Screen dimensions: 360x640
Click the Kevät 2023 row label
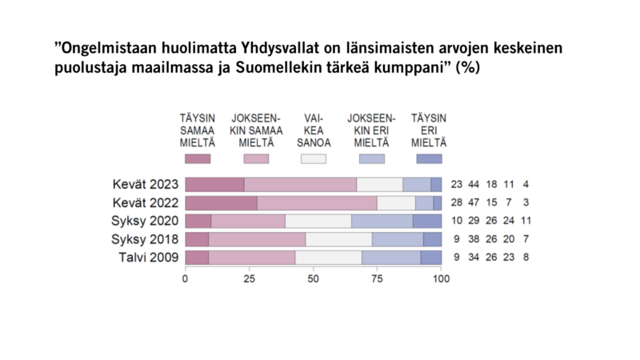(146, 185)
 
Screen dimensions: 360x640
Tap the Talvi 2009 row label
(148, 258)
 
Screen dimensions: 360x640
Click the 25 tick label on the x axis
(249, 279)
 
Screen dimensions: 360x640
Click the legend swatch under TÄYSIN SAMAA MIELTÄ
(197, 159)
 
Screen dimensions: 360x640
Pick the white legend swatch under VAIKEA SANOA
(313, 159)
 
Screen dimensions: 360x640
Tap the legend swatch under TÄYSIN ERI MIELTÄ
(428, 159)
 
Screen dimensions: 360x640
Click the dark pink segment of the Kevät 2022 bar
(221, 203)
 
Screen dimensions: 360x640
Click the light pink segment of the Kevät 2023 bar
(300, 185)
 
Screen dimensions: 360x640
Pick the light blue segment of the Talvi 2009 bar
(391, 258)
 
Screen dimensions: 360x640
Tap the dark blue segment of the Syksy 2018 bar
(432, 239)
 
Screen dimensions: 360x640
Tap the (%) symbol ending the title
(467, 69)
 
